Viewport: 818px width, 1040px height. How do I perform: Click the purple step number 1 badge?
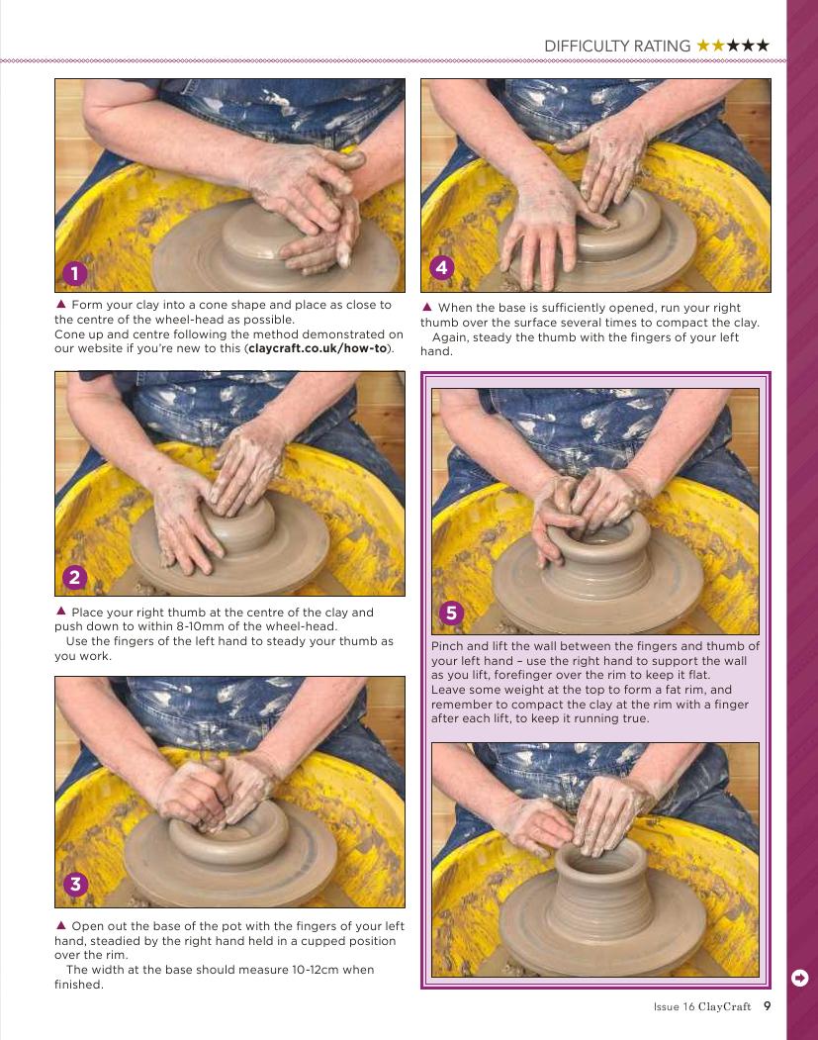75,272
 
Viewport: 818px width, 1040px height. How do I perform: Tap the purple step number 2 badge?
75,577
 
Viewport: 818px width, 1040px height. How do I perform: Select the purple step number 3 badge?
75,884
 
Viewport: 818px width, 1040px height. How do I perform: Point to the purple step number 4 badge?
442,268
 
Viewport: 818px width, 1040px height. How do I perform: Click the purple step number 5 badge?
451,613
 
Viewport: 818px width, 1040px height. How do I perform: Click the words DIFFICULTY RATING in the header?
617,47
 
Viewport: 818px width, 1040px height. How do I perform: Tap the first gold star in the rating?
703,46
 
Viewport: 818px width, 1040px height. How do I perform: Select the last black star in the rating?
763,46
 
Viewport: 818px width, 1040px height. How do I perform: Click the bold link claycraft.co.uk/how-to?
318,348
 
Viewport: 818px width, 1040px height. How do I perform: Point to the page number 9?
768,1006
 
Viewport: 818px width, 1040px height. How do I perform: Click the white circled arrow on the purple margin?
800,978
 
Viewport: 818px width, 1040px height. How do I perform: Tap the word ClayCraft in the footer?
725,1006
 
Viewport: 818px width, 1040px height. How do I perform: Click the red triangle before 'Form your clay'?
61,304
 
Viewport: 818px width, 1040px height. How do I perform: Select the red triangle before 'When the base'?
427,307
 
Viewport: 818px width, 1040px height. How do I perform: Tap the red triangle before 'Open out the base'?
61,924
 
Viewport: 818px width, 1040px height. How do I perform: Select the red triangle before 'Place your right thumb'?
61,611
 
